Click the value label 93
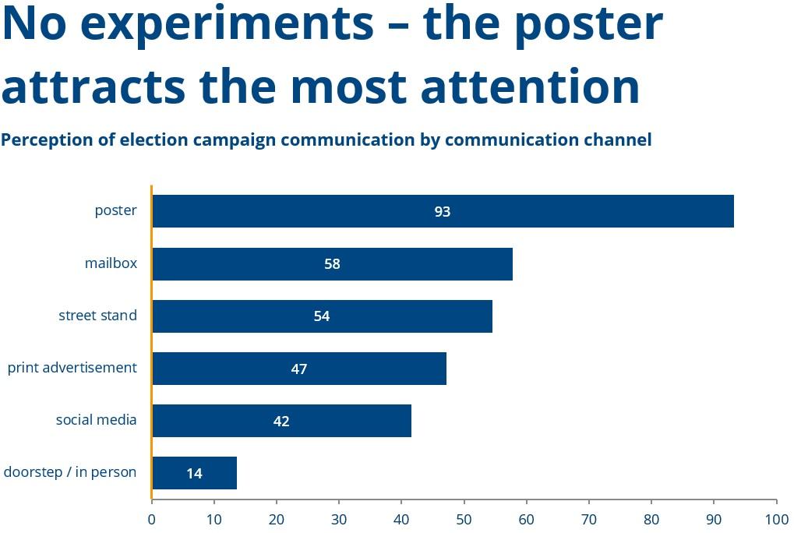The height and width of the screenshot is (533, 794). (x=443, y=211)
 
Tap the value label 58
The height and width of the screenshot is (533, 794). (x=333, y=263)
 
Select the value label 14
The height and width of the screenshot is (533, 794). (x=194, y=473)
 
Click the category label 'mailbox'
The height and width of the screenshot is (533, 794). (x=111, y=263)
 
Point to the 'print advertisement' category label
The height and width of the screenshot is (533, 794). (x=72, y=368)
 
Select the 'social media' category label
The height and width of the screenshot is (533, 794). (x=96, y=420)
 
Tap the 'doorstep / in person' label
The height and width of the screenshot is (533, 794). (x=70, y=472)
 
